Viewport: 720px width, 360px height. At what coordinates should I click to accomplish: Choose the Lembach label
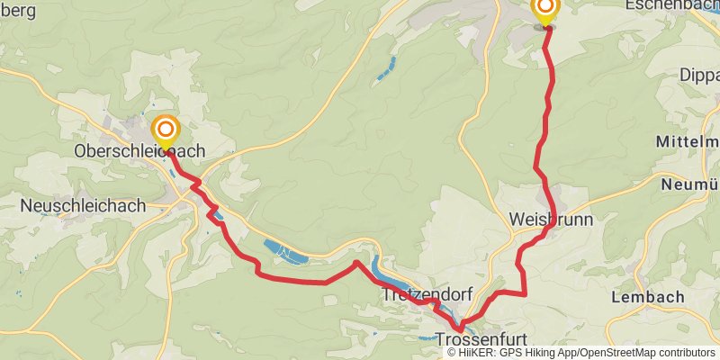click(x=647, y=297)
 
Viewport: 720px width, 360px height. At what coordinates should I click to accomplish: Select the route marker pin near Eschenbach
click(x=546, y=9)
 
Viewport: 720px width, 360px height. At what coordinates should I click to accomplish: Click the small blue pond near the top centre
click(x=388, y=67)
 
